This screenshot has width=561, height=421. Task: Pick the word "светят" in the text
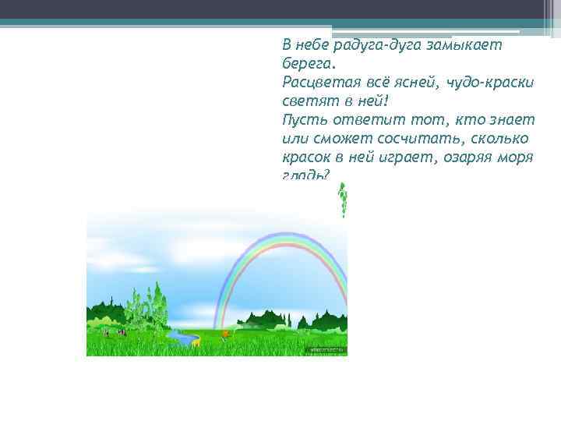(306, 101)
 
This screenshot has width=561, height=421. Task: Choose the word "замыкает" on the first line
(468, 45)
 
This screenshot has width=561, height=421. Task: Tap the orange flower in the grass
(226, 333)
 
